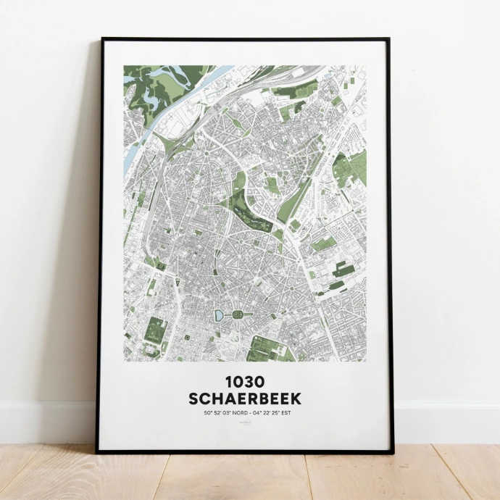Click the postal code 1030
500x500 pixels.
pyautogui.click(x=244, y=382)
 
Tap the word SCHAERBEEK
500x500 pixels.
pyautogui.click(x=244, y=399)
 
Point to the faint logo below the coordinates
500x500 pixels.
pyautogui.click(x=244, y=425)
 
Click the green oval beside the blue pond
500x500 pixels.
pyautogui.click(x=237, y=315)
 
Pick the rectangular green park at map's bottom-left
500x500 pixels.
pyautogui.click(x=155, y=333)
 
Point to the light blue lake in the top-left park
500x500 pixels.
pyautogui.click(x=152, y=94)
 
